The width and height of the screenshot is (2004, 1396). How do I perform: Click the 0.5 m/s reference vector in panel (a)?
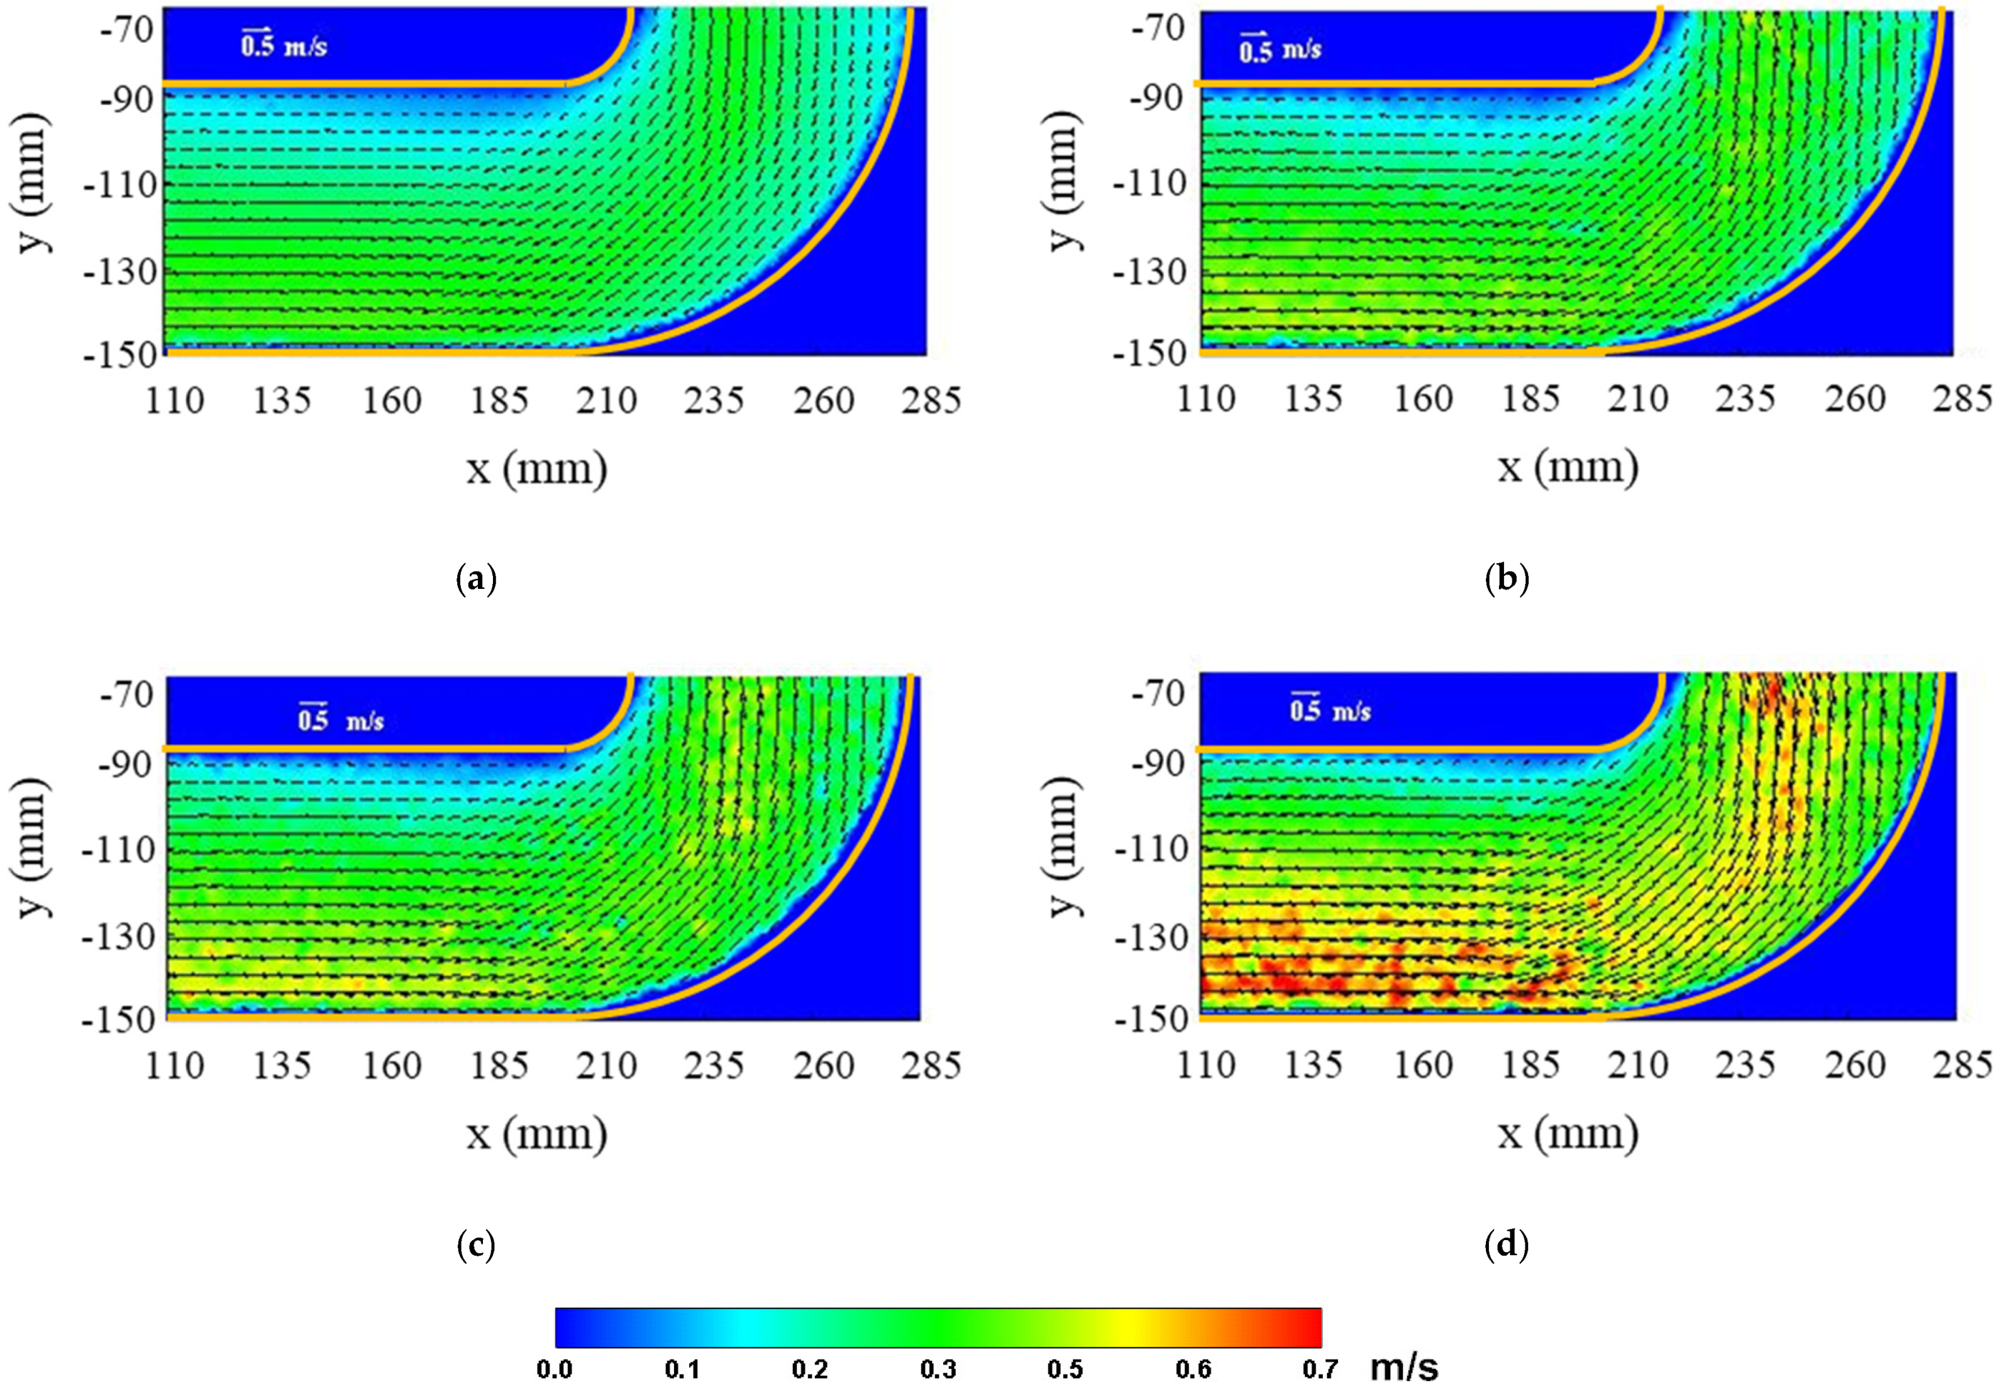click(283, 43)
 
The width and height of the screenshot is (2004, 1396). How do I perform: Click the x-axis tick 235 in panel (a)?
click(714, 400)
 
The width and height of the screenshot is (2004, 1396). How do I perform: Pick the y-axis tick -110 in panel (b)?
click(1149, 184)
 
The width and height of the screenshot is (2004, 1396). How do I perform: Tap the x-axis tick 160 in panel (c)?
click(391, 1065)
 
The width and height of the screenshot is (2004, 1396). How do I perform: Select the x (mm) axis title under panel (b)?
click(1568, 468)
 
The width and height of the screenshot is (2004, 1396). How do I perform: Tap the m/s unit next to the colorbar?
click(1403, 1367)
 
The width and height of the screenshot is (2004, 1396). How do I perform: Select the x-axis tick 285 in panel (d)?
click(1962, 1065)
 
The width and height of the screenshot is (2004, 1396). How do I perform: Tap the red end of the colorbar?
click(1309, 1327)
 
